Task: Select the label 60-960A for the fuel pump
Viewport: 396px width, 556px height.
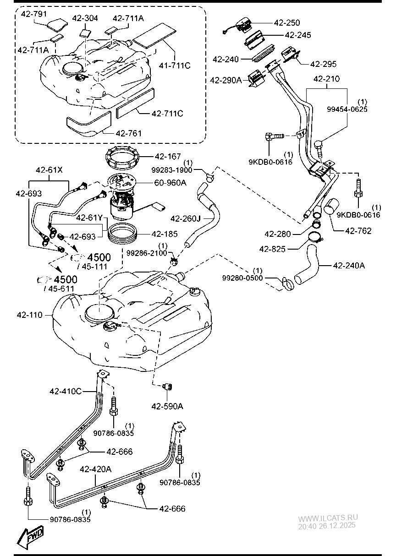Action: (x=170, y=183)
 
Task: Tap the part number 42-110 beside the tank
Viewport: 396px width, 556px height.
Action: (x=29, y=315)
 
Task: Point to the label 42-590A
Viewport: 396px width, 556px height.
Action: (x=167, y=406)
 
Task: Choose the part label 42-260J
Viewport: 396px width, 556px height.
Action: (x=185, y=218)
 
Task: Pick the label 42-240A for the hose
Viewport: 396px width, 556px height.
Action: (x=349, y=265)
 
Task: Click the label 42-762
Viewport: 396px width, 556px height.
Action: (x=358, y=231)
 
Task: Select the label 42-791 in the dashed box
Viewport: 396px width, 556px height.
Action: (x=33, y=14)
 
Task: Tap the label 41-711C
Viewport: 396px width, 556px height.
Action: (x=175, y=65)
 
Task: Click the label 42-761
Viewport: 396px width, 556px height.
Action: (x=129, y=133)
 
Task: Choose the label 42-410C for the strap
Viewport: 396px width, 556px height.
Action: (x=66, y=391)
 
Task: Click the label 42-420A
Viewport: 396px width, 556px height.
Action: (x=95, y=469)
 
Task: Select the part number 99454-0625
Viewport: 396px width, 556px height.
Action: (x=347, y=109)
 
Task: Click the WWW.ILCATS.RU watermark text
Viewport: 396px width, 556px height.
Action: (x=328, y=518)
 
